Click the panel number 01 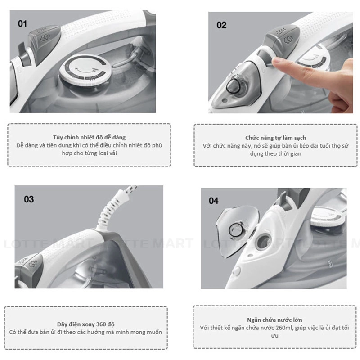(x=22, y=24)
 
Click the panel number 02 (x=221, y=25)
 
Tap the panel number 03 (x=29, y=199)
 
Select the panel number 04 (x=213, y=201)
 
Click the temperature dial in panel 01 (x=85, y=70)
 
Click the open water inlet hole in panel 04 (x=263, y=242)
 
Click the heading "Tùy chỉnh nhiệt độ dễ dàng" (x=89, y=137)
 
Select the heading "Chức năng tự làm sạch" (x=275, y=138)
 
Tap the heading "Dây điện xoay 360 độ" (x=85, y=324)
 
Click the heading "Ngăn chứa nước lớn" (x=274, y=320)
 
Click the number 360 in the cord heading (x=101, y=324)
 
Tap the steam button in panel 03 (x=29, y=264)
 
